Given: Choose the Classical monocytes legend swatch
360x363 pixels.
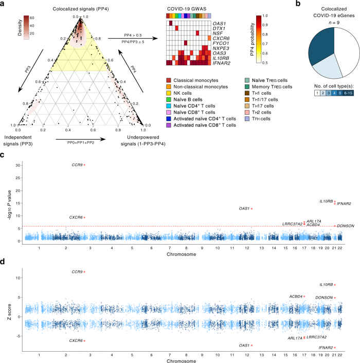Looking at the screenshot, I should coord(169,81).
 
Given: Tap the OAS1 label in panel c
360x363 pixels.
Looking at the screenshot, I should coord(244,209).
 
